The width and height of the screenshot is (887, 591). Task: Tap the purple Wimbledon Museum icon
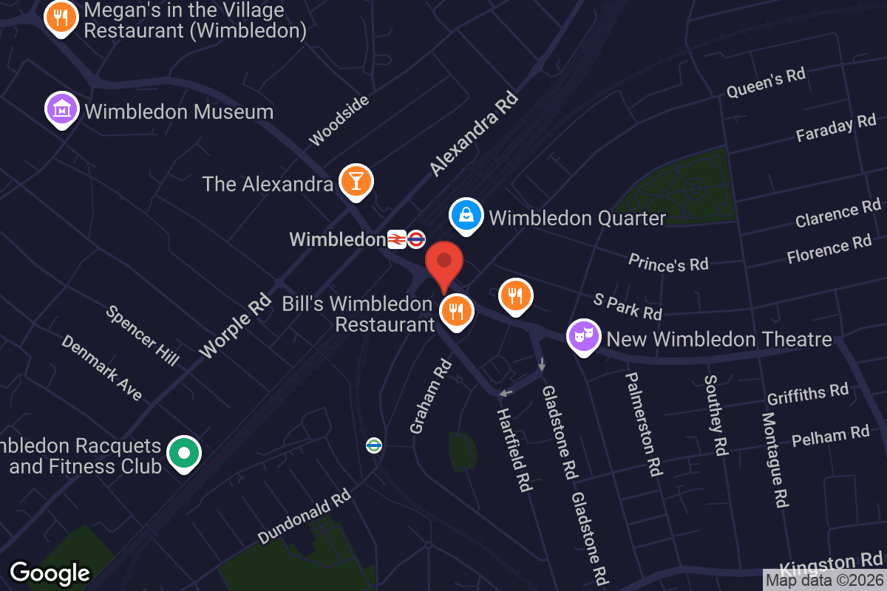[63, 109]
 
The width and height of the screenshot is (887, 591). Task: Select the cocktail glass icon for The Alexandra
[356, 181]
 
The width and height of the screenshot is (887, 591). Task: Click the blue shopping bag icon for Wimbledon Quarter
[467, 216]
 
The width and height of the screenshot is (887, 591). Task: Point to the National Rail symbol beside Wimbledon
[397, 239]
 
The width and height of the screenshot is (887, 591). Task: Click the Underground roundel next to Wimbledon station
[416, 239]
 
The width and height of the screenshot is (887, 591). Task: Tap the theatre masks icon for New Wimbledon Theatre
[583, 337]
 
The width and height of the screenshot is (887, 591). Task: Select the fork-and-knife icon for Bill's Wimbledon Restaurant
[457, 311]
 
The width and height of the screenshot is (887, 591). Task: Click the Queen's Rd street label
[766, 82]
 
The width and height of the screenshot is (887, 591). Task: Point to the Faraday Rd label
[835, 128]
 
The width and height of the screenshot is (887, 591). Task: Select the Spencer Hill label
[143, 335]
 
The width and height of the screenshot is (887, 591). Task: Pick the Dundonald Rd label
[304, 516]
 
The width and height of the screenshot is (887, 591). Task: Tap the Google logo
[50, 573]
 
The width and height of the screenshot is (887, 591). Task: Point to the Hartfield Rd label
[514, 449]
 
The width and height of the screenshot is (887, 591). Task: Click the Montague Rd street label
[773, 460]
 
